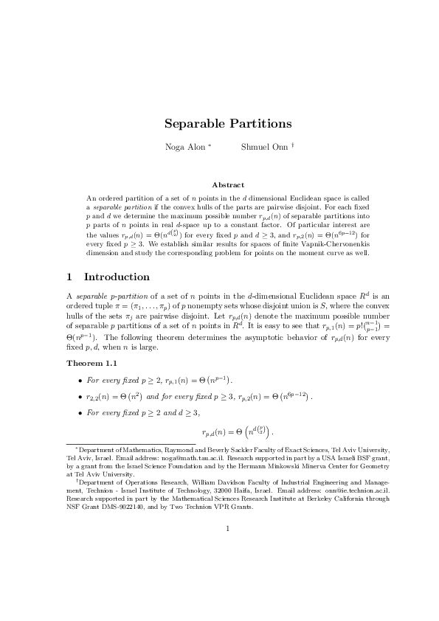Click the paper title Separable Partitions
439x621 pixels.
(x=228, y=124)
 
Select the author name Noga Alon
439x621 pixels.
(x=185, y=148)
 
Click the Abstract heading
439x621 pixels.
(x=228, y=184)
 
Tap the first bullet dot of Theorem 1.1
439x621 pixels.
(x=80, y=381)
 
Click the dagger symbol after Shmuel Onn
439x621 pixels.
(x=293, y=145)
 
